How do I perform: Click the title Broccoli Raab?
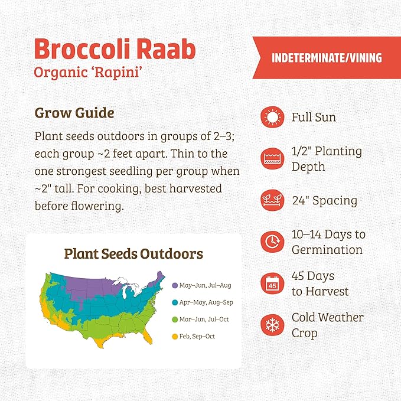click(x=115, y=50)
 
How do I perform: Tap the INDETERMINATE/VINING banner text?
click(x=327, y=58)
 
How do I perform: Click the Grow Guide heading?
click(x=74, y=112)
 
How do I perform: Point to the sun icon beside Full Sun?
click(x=272, y=118)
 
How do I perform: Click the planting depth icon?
click(x=272, y=159)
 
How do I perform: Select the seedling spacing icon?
click(x=272, y=200)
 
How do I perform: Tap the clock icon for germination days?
click(x=272, y=242)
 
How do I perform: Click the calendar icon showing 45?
click(x=272, y=283)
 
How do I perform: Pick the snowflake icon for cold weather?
click(x=272, y=324)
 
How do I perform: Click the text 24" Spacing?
click(x=324, y=201)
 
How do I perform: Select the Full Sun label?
click(x=314, y=118)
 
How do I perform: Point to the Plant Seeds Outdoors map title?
click(x=133, y=254)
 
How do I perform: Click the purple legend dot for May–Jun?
click(x=175, y=285)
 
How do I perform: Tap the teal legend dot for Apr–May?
click(x=175, y=302)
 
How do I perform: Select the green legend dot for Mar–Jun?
click(x=175, y=320)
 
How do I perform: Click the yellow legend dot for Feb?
click(x=175, y=337)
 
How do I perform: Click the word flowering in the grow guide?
click(x=103, y=206)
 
